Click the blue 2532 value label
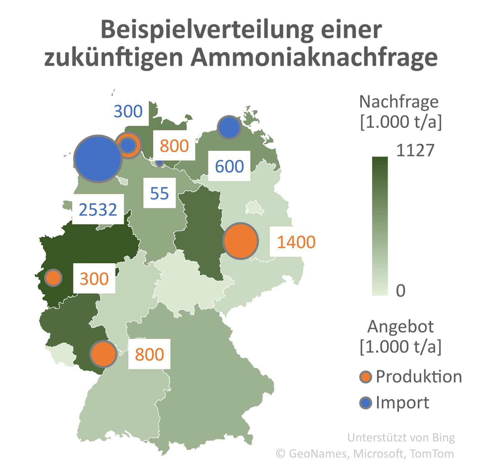98,210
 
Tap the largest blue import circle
98,159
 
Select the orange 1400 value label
296,242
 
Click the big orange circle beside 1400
241,241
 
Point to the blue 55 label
159,193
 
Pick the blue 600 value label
229,166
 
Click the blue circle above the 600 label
229,128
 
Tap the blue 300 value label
128,112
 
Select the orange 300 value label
94,279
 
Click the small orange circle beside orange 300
53,278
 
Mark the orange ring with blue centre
128,145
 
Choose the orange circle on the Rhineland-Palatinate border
103,354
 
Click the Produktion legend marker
366,377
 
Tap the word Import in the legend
402,403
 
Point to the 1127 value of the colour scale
415,150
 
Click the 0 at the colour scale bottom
400,291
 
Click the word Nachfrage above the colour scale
399,101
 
